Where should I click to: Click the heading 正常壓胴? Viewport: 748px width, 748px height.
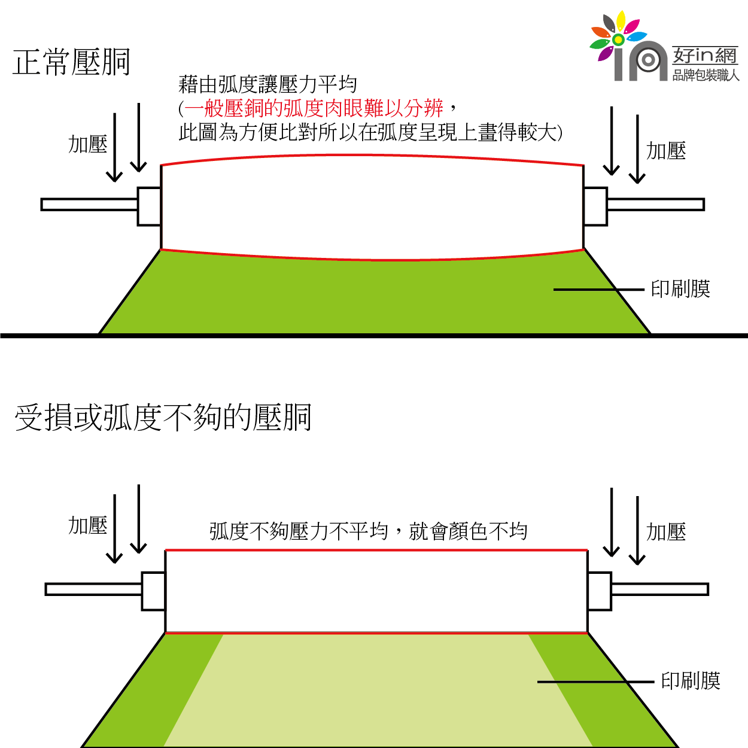[x=71, y=62]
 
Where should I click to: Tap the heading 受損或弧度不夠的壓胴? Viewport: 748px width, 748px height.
[x=163, y=417]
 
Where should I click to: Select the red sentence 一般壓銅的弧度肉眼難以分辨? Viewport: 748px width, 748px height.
[x=314, y=108]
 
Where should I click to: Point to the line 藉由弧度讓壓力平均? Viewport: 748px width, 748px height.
[x=267, y=84]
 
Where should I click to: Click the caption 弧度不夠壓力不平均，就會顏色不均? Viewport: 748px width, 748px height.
[x=368, y=531]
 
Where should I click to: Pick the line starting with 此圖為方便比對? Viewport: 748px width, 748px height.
[x=370, y=132]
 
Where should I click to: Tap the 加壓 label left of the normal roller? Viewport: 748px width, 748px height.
[x=87, y=144]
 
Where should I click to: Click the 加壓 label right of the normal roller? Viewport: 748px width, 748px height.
[x=666, y=151]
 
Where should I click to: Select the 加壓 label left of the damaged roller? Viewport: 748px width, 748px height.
[x=87, y=525]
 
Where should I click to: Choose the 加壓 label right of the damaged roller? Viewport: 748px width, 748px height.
[x=666, y=531]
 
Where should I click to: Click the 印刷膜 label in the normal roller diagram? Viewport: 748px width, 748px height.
[x=680, y=289]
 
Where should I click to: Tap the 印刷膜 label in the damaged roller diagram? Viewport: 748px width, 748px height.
[x=690, y=680]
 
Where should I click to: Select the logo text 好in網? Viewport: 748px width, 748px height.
[x=704, y=56]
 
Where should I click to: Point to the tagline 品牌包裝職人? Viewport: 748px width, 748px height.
[x=706, y=75]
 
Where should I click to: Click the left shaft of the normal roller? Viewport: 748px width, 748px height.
[x=89, y=205]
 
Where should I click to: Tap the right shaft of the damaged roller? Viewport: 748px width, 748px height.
[x=659, y=589]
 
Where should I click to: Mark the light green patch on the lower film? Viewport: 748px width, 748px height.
[x=377, y=688]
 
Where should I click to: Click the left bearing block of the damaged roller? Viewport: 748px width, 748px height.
[x=153, y=591]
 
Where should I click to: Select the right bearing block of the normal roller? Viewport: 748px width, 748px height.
[x=595, y=206]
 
